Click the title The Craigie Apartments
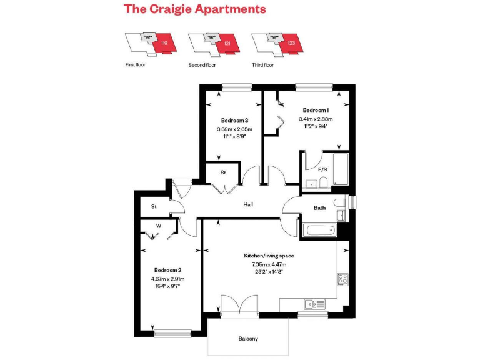[x=194, y=9]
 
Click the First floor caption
[x=135, y=64]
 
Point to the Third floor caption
[x=262, y=64]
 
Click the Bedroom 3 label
[x=235, y=120]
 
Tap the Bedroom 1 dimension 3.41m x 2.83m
[x=316, y=119]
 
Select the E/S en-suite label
[x=323, y=169]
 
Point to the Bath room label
[x=320, y=208]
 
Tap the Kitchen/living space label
[x=269, y=256]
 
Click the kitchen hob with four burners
[x=343, y=279]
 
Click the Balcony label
[x=248, y=339]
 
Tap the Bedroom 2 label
[x=167, y=269]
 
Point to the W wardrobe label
[x=159, y=226]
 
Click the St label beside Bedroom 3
[x=222, y=172]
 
